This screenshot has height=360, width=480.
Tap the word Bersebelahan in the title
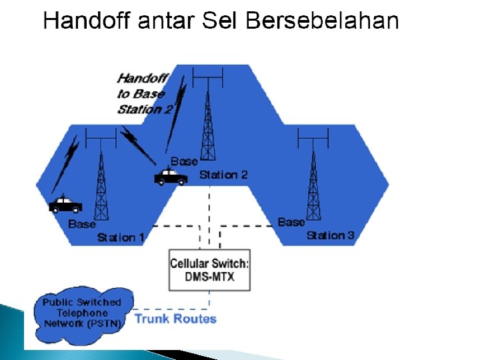point(322,21)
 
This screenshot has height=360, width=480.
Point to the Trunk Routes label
point(175,319)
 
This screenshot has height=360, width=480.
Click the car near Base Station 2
point(171,177)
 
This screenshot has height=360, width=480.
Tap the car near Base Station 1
point(65,204)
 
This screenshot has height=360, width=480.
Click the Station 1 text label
point(121,238)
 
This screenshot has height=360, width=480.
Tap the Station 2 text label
point(223,175)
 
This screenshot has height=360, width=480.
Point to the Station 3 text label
point(330,235)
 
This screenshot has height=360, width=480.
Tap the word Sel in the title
point(221,21)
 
